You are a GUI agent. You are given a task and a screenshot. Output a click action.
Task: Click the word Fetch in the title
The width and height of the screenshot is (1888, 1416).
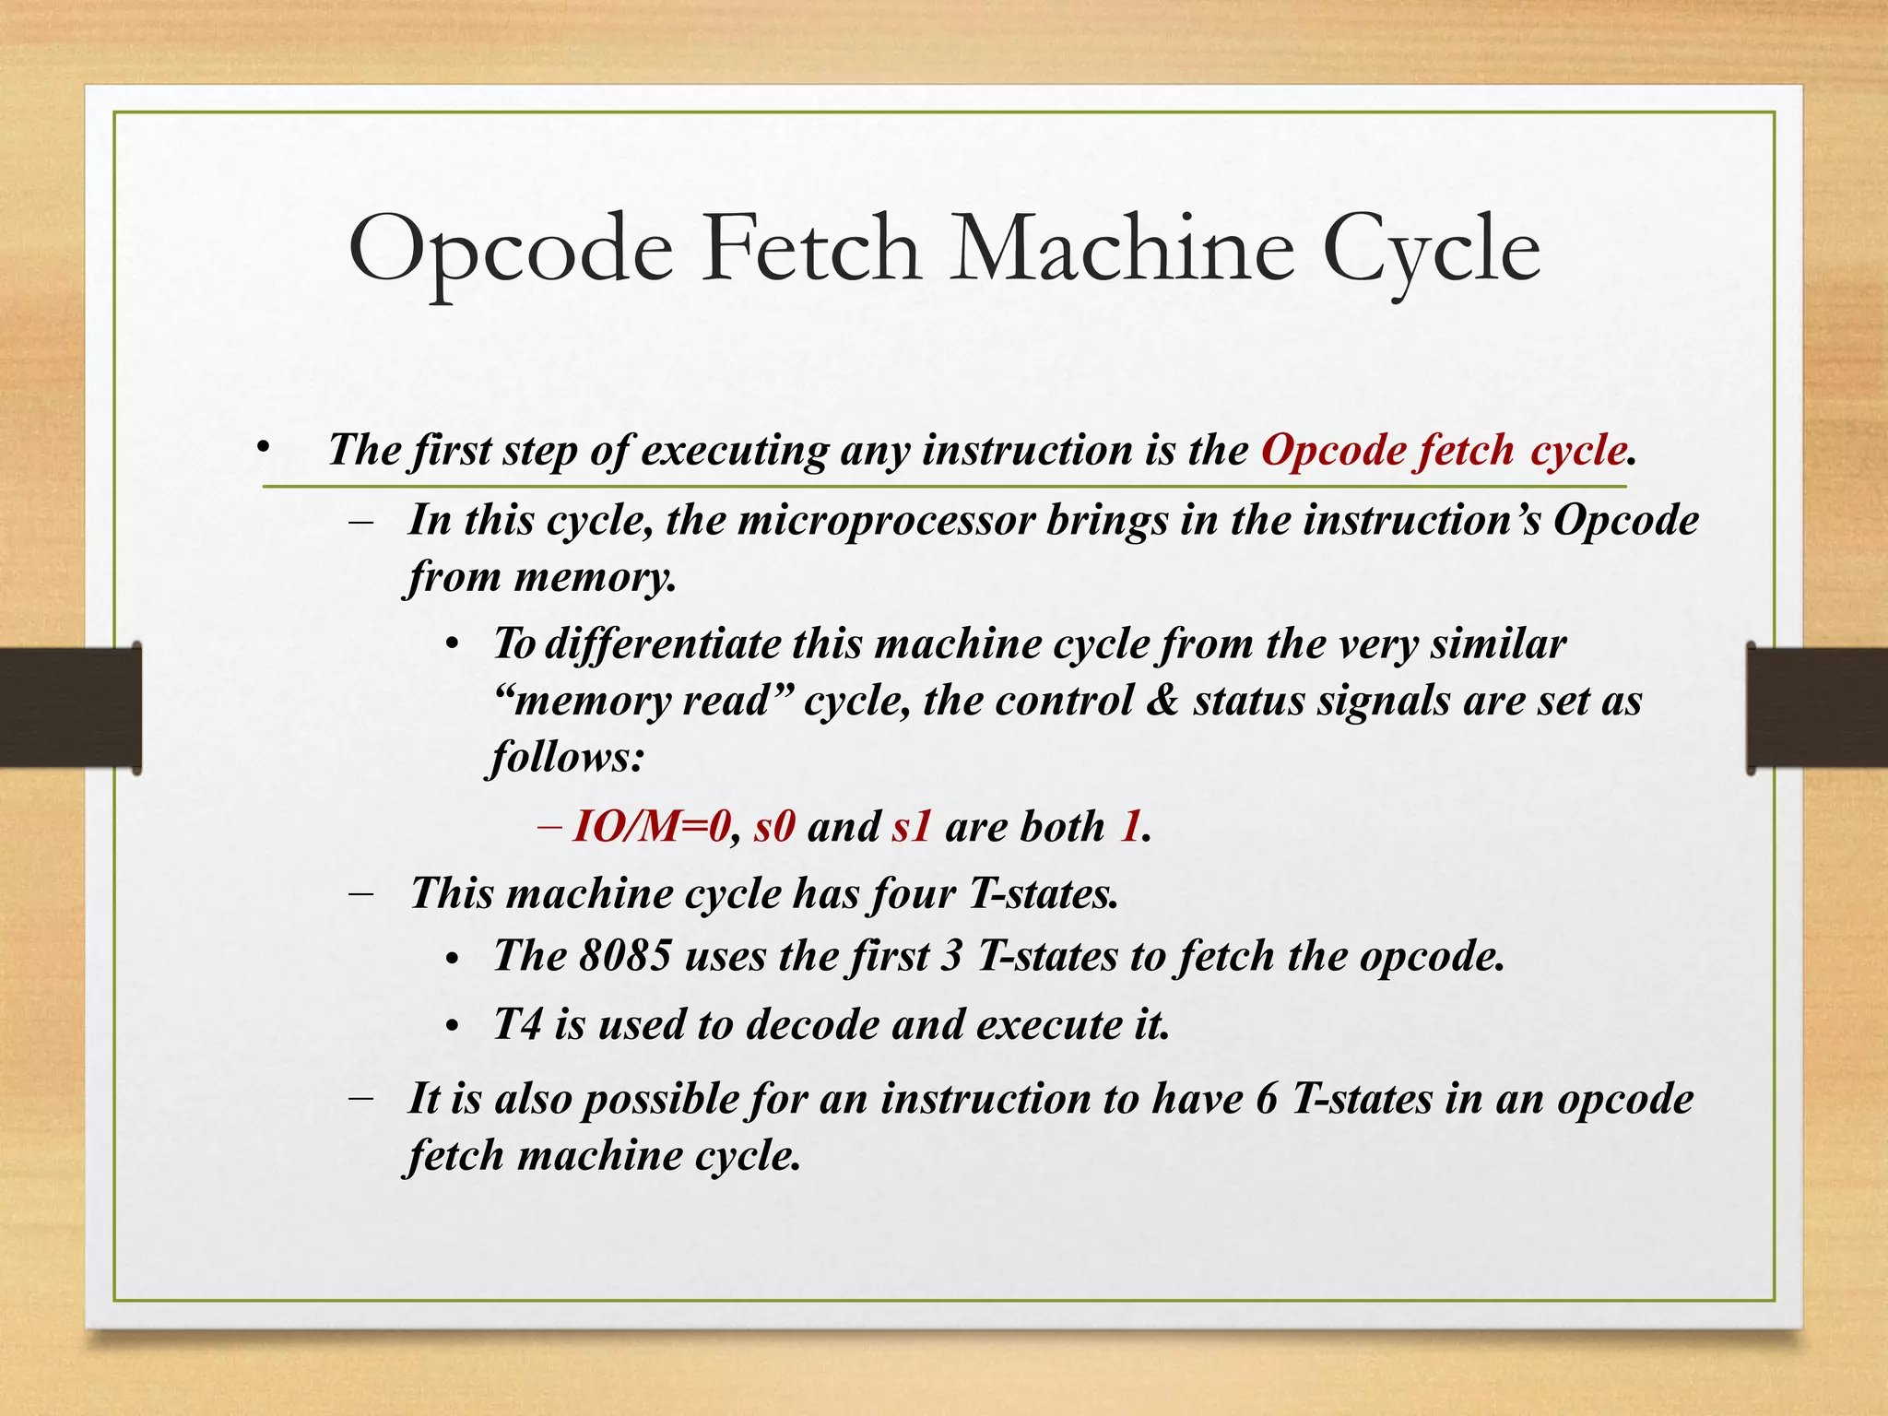[811, 249]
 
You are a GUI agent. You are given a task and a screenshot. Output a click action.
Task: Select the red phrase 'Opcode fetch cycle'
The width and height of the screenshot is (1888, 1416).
[1443, 451]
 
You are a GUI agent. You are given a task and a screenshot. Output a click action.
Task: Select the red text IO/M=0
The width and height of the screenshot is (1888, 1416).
[651, 826]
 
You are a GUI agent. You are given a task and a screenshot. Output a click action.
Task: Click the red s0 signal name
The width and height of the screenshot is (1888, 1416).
[774, 827]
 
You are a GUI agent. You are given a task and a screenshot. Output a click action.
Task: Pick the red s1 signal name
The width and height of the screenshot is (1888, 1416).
[912, 827]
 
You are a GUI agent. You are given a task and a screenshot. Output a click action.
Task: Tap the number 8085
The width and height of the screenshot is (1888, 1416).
[625, 956]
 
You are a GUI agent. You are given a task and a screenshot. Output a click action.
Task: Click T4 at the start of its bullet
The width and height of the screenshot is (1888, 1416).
[516, 1024]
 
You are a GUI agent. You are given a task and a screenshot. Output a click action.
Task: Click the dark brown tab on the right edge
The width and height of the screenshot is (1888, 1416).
[1817, 708]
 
